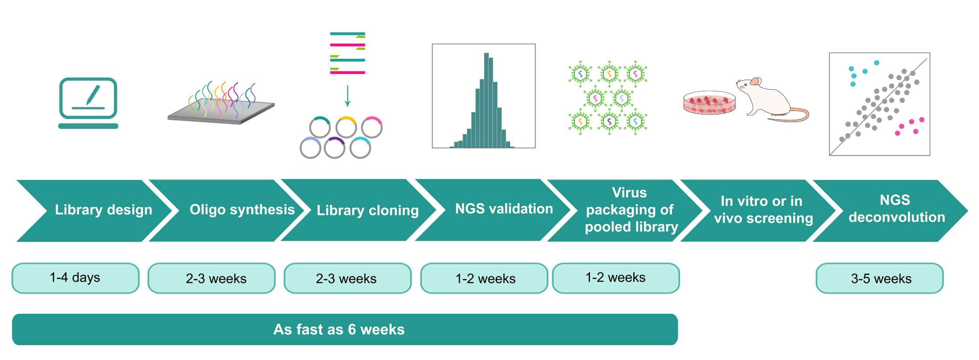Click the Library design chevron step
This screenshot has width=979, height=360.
[103, 210]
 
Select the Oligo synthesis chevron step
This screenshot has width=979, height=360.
[242, 210]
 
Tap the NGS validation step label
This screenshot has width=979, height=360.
[504, 209]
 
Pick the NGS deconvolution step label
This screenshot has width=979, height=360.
[896, 209]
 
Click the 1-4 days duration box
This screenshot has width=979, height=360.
[75, 278]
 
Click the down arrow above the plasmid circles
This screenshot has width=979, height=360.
[348, 96]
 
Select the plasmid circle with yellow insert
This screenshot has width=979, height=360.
[346, 127]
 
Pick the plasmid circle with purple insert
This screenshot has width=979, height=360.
[334, 148]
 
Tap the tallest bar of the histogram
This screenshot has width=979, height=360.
[486, 100]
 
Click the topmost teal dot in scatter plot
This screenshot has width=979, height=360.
[876, 63]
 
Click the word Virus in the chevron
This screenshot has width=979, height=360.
[629, 192]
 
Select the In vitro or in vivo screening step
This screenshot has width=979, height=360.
[762, 210]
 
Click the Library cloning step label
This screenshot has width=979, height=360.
[367, 210]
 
